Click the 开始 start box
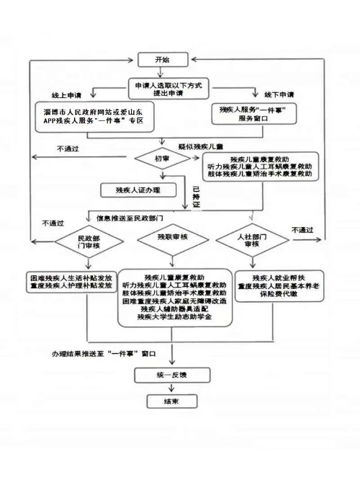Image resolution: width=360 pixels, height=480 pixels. pyautogui.click(x=163, y=60)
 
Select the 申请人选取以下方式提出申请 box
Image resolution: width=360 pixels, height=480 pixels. pyautogui.click(x=168, y=89)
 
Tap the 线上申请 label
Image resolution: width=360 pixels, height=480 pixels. pyautogui.click(x=66, y=96)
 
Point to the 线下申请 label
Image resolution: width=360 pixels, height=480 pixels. pyautogui.click(x=279, y=94)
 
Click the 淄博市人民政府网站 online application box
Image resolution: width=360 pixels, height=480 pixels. pyautogui.click(x=94, y=117)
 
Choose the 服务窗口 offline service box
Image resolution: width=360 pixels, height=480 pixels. pyautogui.click(x=254, y=114)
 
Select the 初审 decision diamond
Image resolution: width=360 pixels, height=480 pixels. pyautogui.click(x=163, y=159)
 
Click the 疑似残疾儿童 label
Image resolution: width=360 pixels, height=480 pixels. pyautogui.click(x=201, y=146)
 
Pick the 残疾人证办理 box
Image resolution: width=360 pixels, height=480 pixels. pyautogui.click(x=138, y=190)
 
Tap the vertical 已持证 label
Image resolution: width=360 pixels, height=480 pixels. pyautogui.click(x=196, y=197)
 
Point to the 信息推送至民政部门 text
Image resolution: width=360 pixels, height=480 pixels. pyautogui.click(x=130, y=218)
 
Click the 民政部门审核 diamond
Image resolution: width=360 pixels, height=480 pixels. pyautogui.click(x=89, y=241)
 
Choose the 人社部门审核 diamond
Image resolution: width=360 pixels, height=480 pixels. pyautogui.click(x=252, y=240)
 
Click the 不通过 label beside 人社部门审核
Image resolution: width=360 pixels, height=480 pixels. pyautogui.click(x=302, y=230)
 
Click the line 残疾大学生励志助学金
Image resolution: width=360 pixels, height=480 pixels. pyautogui.click(x=174, y=317)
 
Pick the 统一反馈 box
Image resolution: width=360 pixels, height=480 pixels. pyautogui.click(x=172, y=375)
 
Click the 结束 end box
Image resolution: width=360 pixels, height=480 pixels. pyautogui.click(x=172, y=401)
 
